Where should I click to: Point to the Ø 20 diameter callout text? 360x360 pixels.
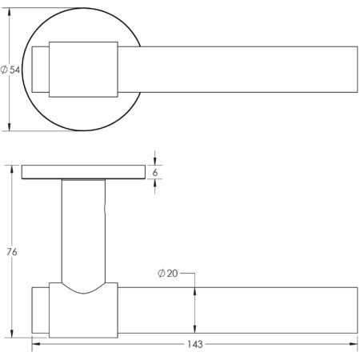click(168, 274)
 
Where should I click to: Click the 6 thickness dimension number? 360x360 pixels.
click(157, 172)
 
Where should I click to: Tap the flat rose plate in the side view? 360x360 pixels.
click(83, 172)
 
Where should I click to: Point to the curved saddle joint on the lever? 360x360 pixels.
click(84, 290)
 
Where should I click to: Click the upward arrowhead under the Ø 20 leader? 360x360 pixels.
click(195, 289)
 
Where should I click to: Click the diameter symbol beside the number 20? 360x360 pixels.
click(162, 274)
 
